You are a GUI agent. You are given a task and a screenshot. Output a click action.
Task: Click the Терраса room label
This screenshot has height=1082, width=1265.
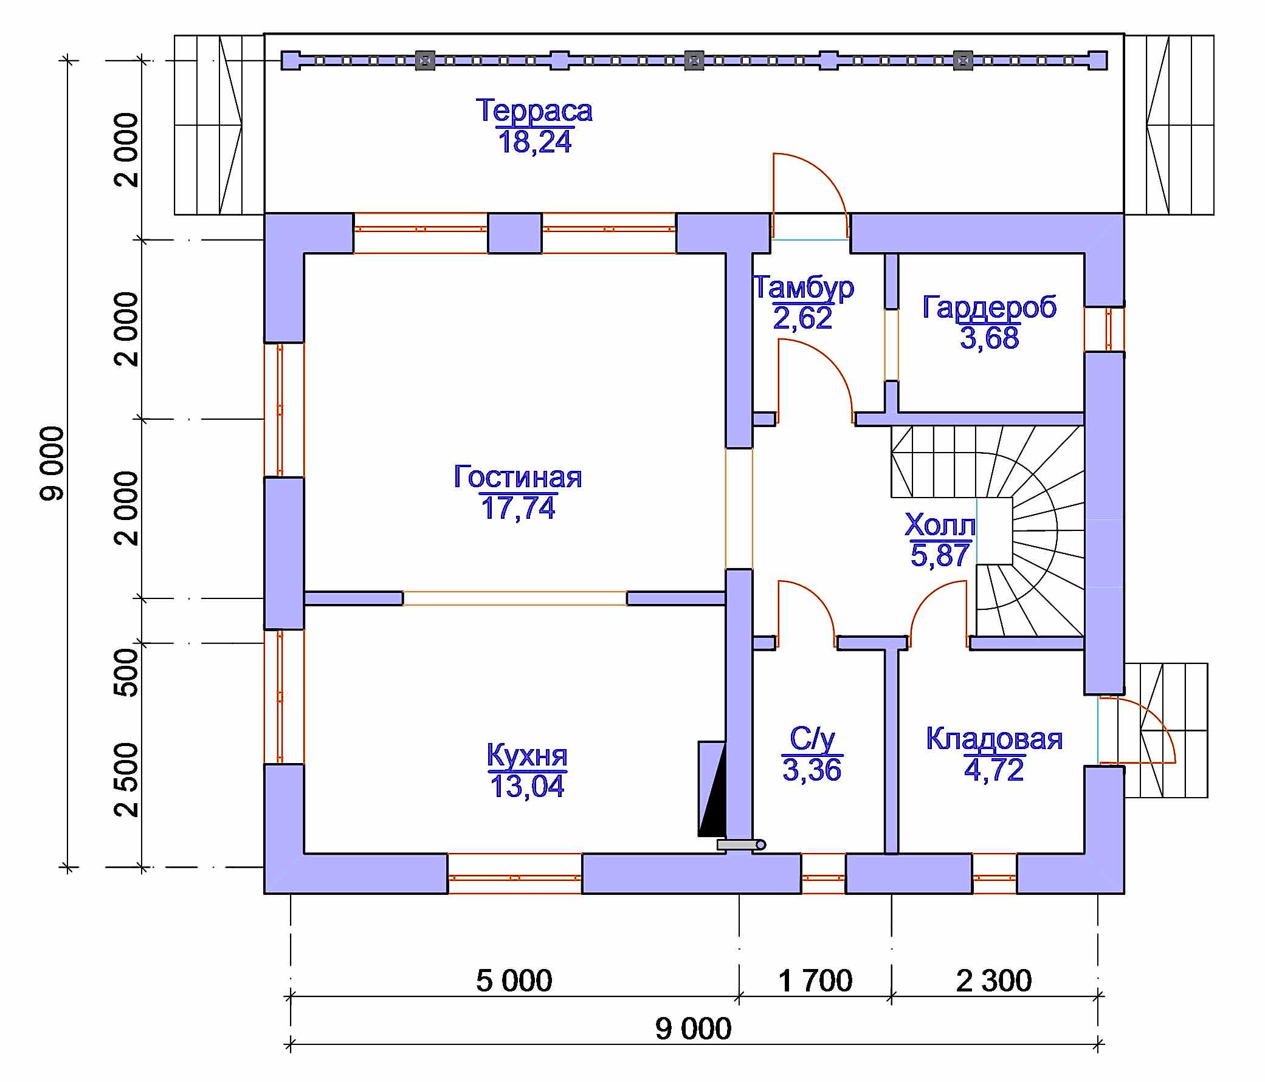[534, 111]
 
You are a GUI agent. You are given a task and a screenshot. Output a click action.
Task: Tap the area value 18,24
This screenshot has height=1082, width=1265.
[535, 142]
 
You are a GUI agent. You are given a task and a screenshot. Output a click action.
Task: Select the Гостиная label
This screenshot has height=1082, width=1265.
[518, 477]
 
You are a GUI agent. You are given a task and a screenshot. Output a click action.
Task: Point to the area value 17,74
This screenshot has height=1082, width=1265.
[518, 508]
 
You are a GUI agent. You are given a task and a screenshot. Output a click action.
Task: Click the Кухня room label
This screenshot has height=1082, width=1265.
[527, 755]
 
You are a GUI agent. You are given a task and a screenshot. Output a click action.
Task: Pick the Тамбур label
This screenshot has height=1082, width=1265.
[803, 287]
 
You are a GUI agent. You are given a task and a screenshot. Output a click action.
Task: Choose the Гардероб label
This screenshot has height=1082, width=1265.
[990, 307]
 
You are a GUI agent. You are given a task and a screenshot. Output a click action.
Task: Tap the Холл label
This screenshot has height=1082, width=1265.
[940, 524]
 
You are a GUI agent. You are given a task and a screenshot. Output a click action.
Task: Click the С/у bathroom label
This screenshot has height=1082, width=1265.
[812, 739]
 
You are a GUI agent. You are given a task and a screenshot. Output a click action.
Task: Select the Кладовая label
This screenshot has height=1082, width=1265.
[994, 738]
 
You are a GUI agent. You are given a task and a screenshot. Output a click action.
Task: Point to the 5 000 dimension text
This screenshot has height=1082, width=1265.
[514, 981]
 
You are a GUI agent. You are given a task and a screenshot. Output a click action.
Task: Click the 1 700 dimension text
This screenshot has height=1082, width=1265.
[815, 981]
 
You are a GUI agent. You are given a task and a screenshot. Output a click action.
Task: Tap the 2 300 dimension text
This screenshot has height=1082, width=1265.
[994, 981]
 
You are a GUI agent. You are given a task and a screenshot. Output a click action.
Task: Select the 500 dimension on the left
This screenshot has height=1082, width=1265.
[126, 672]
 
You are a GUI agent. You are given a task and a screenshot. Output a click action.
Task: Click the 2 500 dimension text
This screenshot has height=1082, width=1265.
[126, 780]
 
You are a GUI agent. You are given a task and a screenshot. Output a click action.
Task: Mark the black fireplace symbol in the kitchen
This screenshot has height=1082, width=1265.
[712, 789]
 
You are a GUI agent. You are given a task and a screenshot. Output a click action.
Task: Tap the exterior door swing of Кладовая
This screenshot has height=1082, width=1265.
[1148, 720]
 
